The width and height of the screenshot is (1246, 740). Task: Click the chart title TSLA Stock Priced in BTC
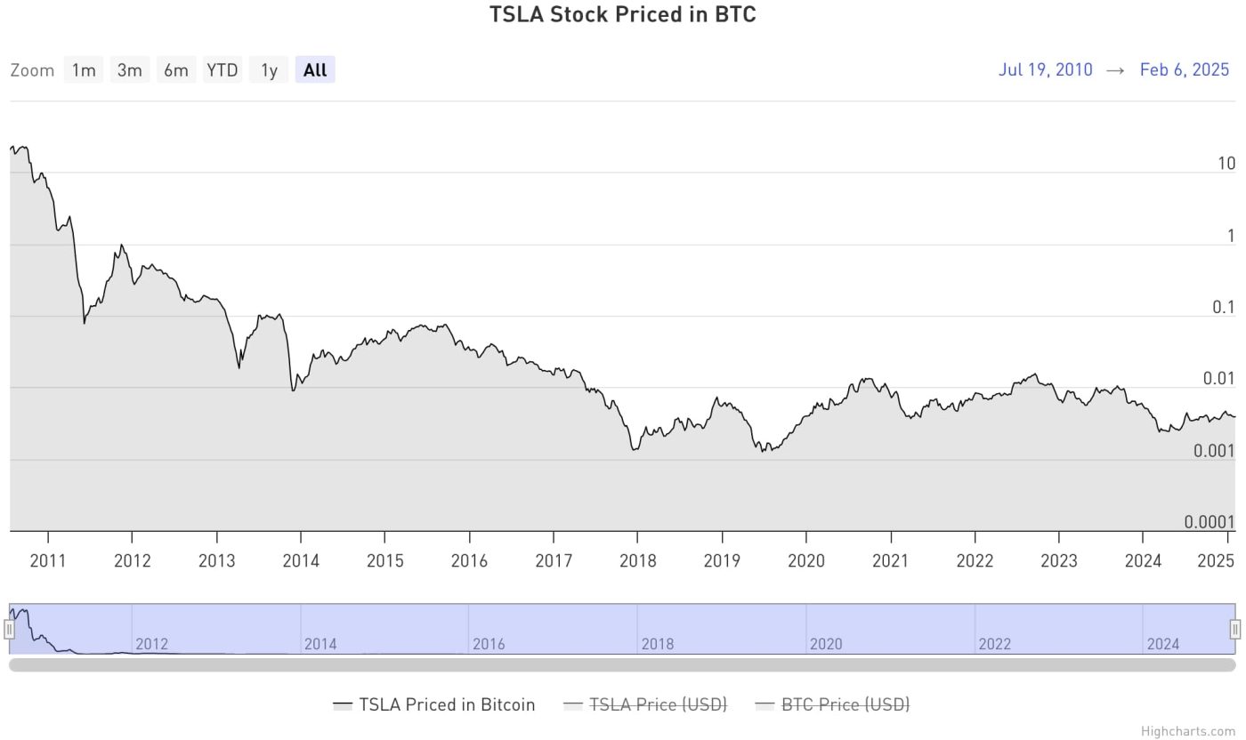tap(622, 15)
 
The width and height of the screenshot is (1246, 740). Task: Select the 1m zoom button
tap(84, 70)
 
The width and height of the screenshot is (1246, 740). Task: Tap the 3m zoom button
tap(130, 70)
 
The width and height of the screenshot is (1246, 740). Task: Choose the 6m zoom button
tap(176, 70)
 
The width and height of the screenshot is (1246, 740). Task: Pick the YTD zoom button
tap(222, 70)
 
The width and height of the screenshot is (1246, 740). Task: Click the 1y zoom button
tap(269, 70)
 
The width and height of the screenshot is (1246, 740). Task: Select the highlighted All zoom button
tap(315, 70)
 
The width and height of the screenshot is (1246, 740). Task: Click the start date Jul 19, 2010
tap(1045, 70)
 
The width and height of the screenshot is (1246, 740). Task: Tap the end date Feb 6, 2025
tap(1184, 70)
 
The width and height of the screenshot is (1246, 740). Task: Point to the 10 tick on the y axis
tap(1226, 164)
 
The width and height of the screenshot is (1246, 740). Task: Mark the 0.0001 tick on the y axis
tap(1210, 522)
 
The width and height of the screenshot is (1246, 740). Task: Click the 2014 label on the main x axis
tap(301, 561)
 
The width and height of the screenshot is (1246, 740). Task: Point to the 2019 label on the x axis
tap(722, 561)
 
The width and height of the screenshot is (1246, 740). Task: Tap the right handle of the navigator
tap(1235, 630)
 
